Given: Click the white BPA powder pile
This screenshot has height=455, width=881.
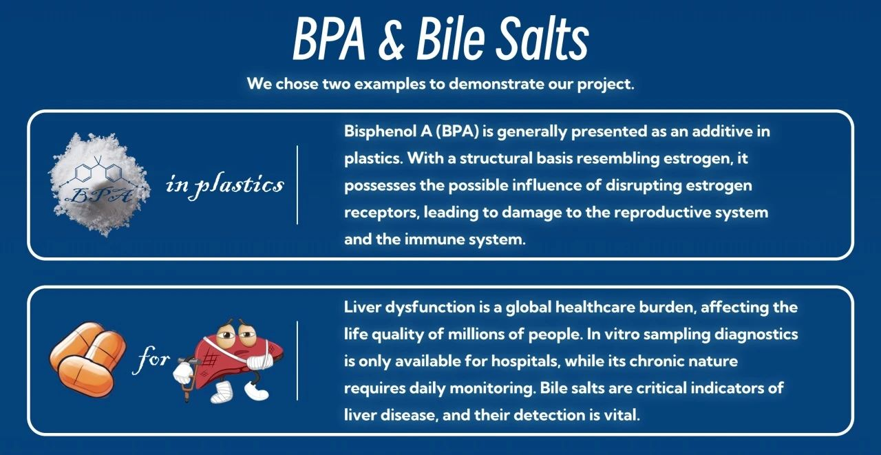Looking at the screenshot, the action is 100,184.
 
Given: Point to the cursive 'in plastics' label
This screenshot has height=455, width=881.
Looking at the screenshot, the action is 224,185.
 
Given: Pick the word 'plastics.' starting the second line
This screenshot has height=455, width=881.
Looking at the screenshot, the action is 374,158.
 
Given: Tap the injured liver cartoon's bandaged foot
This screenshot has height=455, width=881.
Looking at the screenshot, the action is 222,392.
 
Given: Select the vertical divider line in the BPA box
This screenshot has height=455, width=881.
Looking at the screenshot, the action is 297,185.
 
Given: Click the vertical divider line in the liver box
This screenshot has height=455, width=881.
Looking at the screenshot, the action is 297,361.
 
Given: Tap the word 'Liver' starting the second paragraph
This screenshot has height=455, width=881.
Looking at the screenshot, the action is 362,307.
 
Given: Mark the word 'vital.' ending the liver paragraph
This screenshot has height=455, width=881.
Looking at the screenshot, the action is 622,415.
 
